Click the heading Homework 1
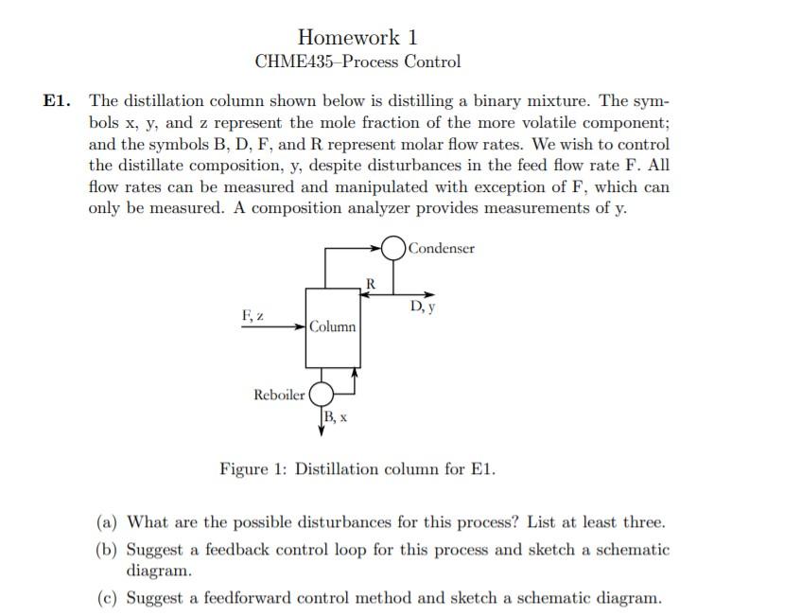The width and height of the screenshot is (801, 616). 357,37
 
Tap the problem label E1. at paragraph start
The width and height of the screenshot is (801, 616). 59,101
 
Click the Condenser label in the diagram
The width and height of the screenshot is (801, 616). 442,248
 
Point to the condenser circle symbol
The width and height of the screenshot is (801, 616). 394,248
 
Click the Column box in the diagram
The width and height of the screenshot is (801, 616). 332,326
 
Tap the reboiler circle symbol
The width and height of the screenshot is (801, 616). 322,393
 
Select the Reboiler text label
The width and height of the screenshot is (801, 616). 279,395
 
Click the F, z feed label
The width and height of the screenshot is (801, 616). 252,314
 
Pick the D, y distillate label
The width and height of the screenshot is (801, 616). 422,308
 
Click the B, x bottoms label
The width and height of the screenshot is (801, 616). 335,417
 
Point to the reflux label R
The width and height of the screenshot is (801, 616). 371,283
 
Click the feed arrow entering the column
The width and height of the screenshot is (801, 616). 274,327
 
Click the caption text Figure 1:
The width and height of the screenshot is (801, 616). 253,469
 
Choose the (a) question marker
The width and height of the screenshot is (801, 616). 108,521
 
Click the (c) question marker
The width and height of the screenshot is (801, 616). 108,597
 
